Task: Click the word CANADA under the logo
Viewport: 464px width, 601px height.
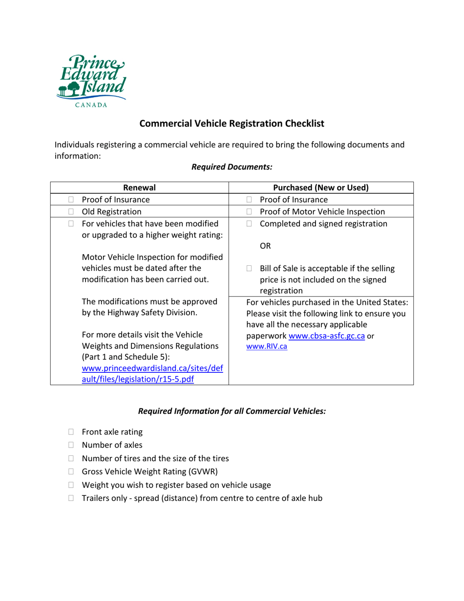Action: point(91,105)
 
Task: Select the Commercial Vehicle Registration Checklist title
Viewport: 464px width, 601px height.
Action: point(232,124)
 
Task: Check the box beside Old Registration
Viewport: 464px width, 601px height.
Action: point(71,212)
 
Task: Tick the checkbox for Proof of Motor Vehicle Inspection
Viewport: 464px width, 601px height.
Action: point(250,212)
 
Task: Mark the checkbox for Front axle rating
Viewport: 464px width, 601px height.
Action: point(71,432)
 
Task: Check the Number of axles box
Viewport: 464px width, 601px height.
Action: point(71,445)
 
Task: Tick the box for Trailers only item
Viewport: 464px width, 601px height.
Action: point(71,498)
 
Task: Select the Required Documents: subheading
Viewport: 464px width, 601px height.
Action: point(232,167)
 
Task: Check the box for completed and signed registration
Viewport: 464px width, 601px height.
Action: point(250,224)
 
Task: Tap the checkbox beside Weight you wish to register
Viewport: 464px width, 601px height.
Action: point(71,485)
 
